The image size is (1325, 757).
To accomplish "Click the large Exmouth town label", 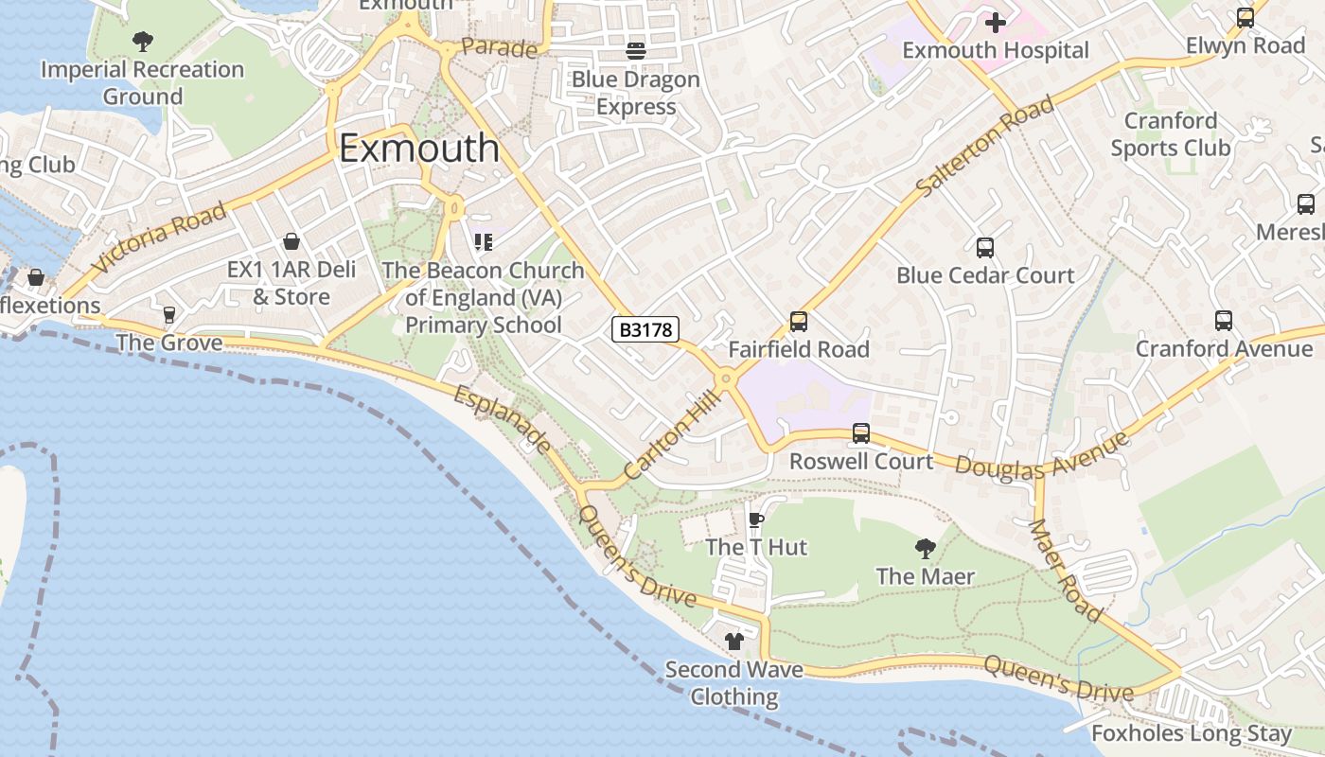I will (418, 149).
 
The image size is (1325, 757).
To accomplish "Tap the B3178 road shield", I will (645, 329).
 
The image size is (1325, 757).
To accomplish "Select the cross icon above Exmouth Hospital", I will (995, 22).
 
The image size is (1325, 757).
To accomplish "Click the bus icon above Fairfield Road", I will (798, 322).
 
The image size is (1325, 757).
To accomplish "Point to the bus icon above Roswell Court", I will (860, 433).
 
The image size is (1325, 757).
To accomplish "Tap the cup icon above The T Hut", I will (755, 519).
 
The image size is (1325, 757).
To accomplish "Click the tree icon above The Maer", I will (925, 548).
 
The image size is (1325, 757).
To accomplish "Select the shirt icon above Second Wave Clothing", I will (733, 642).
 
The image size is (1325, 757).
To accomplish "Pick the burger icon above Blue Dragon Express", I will (635, 51).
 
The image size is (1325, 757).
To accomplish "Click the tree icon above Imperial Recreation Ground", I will (142, 42).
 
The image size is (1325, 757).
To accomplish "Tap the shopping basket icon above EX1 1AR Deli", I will (291, 242).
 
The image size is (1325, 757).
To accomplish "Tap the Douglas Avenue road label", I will (1041, 455).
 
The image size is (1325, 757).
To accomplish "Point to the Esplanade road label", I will (502, 419).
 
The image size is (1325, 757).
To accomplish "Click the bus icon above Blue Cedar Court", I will (984, 248).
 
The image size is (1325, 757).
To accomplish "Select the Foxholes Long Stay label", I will (1191, 733).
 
